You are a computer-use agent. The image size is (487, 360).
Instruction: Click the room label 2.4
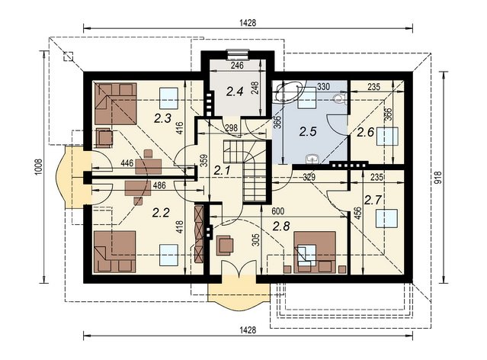tap(235, 92)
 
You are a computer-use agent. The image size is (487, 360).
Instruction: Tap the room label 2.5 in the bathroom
tap(308, 131)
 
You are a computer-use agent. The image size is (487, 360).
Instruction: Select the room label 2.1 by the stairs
tap(222, 170)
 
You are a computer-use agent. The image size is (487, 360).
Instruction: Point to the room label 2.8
tap(281, 227)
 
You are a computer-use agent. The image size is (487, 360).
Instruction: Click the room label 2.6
tap(365, 133)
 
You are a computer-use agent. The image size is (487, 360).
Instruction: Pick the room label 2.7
tap(373, 200)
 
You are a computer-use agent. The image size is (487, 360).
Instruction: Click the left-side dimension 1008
tap(38, 167)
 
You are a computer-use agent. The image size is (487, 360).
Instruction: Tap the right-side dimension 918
tap(437, 178)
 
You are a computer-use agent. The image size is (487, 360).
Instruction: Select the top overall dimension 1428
tap(248, 23)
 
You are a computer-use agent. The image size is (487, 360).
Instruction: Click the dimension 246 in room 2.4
tap(237, 66)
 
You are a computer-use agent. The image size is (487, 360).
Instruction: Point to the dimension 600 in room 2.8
tap(277, 211)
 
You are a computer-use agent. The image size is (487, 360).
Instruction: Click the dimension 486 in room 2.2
tap(159, 185)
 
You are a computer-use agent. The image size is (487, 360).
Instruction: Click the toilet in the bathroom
tap(339, 98)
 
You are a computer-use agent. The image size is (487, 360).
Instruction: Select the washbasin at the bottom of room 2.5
tap(312, 159)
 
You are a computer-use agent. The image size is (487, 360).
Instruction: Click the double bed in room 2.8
tap(316, 252)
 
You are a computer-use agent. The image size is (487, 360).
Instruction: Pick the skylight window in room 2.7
tap(386, 219)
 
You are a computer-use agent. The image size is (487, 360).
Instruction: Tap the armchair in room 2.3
tap(104, 138)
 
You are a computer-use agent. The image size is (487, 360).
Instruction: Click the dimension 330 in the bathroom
tap(323, 87)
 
